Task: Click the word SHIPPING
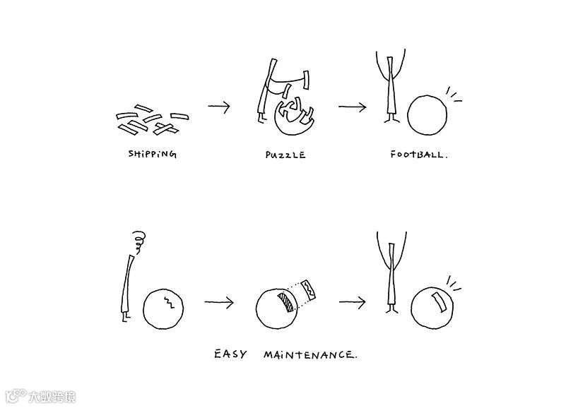(152, 154)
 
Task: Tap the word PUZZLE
(285, 155)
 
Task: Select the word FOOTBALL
(419, 155)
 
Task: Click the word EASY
(230, 354)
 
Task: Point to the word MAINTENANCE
(310, 355)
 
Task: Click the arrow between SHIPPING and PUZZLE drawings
(219, 107)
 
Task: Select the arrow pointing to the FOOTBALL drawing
(353, 107)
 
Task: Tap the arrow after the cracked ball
(219, 302)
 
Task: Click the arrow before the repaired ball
(353, 302)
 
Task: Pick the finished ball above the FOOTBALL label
(427, 115)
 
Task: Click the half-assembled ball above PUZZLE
(294, 117)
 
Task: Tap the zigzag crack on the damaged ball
(169, 302)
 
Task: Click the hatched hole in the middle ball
(286, 302)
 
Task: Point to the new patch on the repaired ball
(440, 301)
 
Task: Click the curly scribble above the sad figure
(139, 241)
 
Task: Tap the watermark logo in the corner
(41, 397)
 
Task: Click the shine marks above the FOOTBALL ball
(454, 95)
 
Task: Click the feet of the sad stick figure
(126, 317)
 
